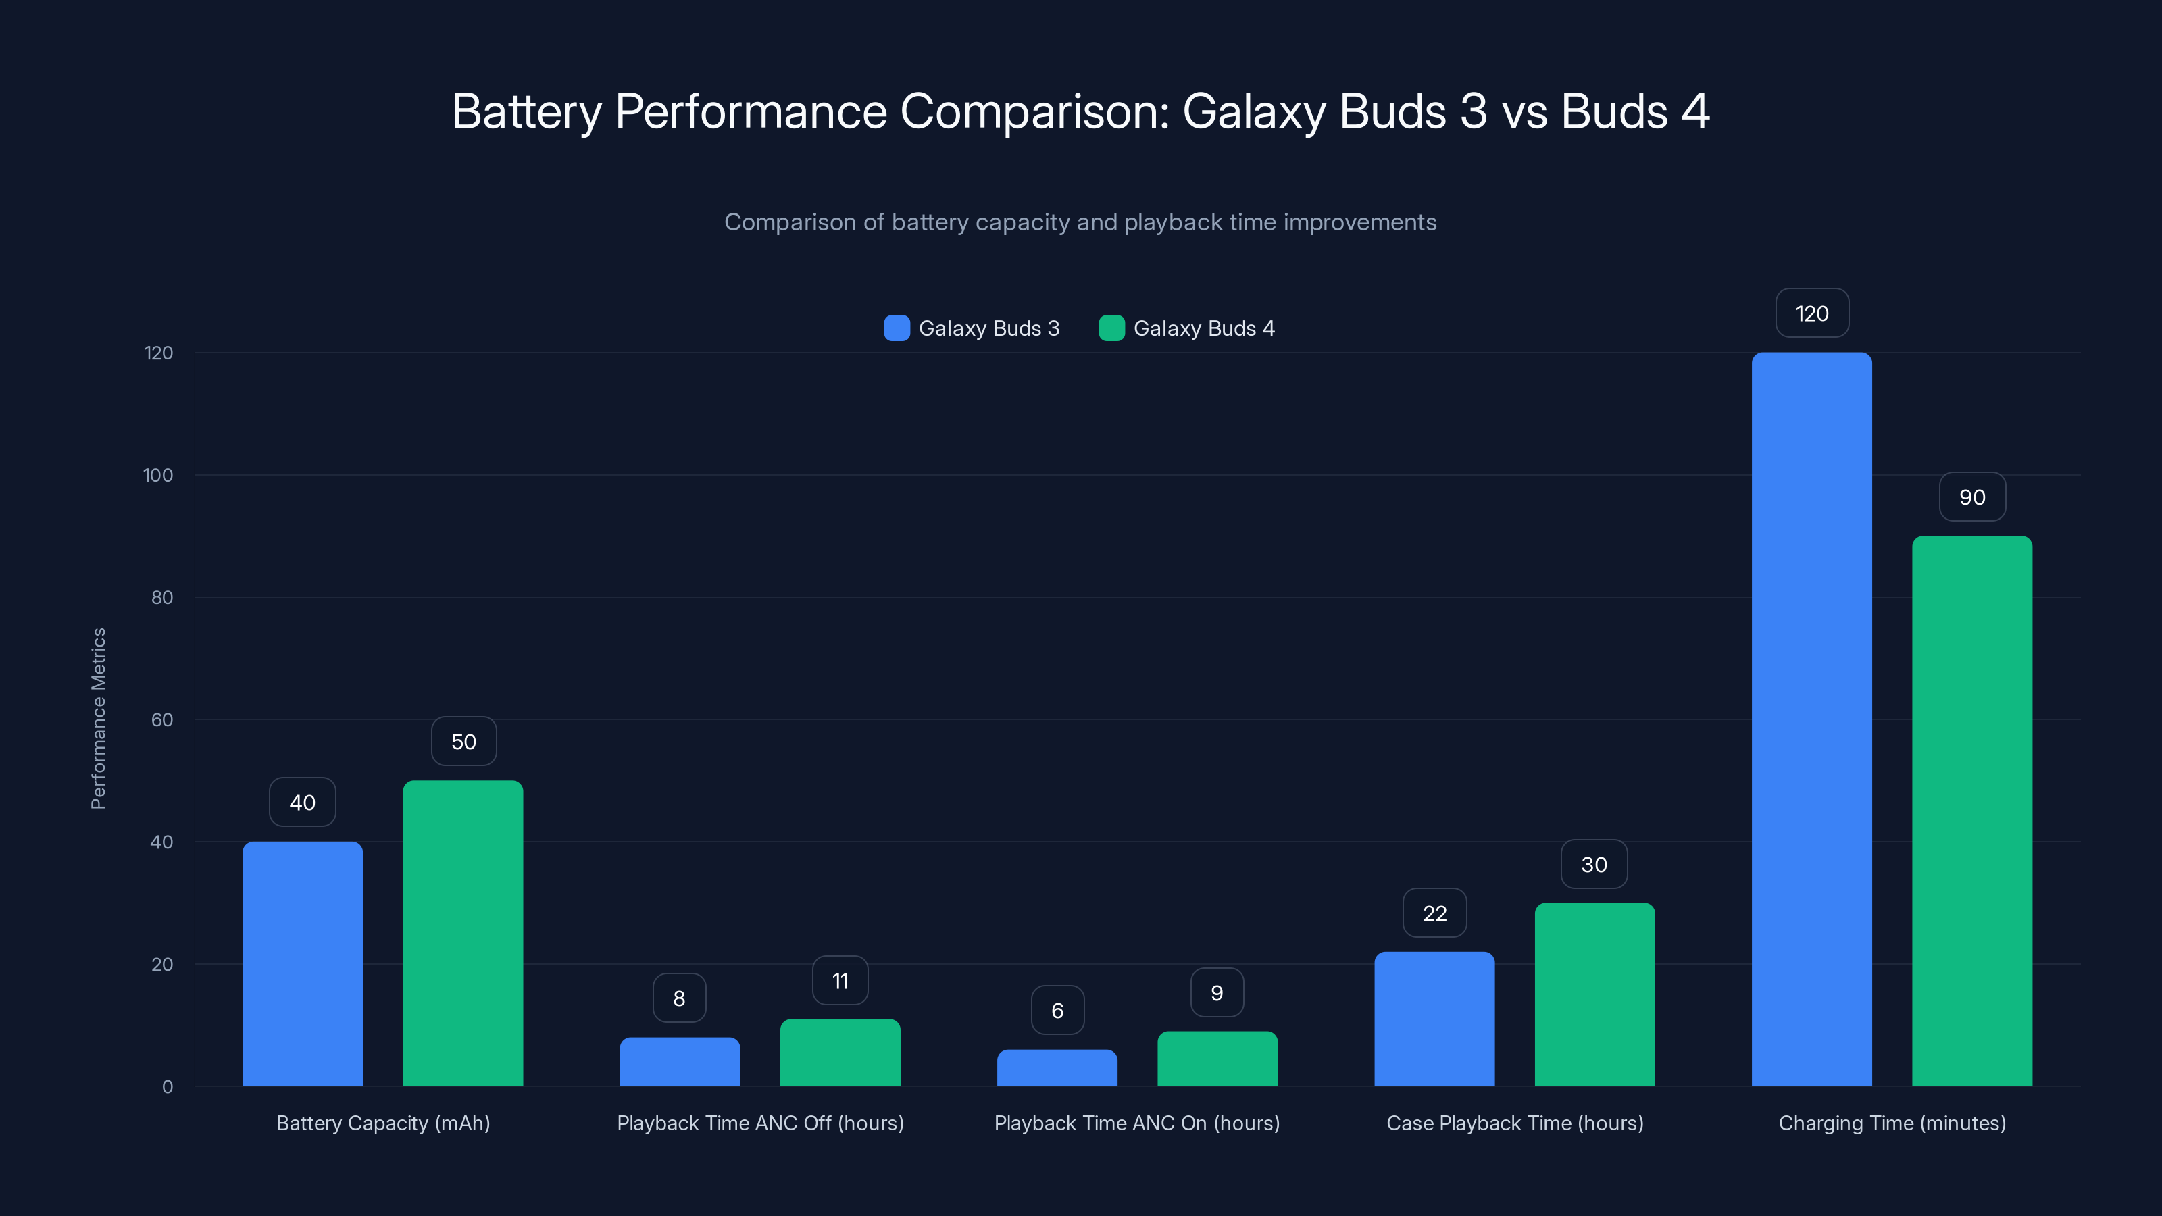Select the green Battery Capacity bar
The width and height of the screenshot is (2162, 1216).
tap(462, 933)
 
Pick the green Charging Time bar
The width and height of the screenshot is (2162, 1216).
tap(1971, 811)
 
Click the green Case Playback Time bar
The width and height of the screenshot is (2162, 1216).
tap(1594, 994)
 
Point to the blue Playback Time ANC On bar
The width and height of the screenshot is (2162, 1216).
tap(1057, 1067)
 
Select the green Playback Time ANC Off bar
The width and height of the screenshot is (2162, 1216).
tap(839, 1053)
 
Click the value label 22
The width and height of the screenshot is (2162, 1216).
tap(1434, 913)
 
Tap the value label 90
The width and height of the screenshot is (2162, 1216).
tap(1971, 497)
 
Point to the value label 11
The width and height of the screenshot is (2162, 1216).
tap(839, 980)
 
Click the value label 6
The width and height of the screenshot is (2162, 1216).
tap(1057, 1011)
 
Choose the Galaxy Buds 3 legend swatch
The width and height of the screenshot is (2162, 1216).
tap(897, 328)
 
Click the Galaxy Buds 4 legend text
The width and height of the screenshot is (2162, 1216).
tap(1203, 328)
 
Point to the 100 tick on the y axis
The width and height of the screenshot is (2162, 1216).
tap(158, 475)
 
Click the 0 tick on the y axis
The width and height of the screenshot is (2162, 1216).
tap(167, 1087)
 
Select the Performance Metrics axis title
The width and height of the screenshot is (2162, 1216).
tap(98, 718)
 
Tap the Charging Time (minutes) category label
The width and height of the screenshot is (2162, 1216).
tap(1892, 1123)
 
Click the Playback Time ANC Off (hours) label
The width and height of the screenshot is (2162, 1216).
tap(759, 1123)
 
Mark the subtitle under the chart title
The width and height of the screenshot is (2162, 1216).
tap(1080, 222)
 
